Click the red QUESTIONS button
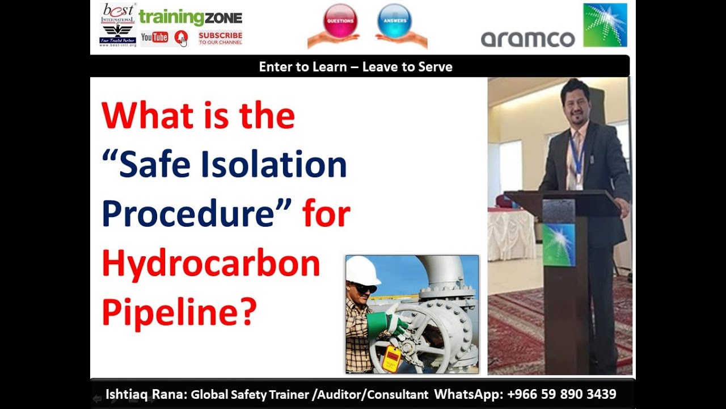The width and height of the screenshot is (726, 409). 340,21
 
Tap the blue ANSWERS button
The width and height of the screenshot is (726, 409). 394,21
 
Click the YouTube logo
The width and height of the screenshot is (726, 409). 154,37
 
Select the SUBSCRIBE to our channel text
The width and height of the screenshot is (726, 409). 220,38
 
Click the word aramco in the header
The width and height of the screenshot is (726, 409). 527,39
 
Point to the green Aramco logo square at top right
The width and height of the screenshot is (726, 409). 605,25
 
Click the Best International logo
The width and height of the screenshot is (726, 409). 118,24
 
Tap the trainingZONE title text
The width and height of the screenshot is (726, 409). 191,17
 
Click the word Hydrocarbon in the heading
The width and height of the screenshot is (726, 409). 211,264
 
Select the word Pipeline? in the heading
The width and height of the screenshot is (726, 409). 179,311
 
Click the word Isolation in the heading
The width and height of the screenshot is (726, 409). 276,165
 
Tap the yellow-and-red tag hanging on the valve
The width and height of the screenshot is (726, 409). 391,358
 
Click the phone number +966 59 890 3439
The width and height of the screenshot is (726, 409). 562,394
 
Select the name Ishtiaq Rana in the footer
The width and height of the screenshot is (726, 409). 145,394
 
